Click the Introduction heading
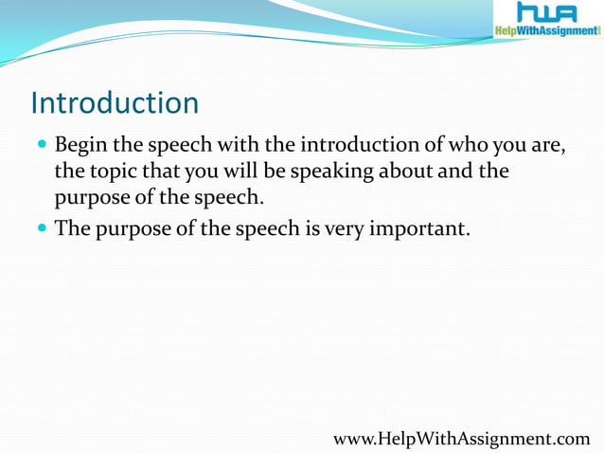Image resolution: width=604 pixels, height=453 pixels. click(x=115, y=102)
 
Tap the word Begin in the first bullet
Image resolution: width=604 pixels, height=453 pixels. click(x=81, y=147)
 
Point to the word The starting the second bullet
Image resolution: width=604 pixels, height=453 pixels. click(x=72, y=227)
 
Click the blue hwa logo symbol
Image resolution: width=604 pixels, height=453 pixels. click(x=547, y=13)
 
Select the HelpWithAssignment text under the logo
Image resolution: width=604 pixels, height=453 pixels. click(x=547, y=31)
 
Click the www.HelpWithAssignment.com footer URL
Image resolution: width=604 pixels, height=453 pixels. click(x=462, y=438)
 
